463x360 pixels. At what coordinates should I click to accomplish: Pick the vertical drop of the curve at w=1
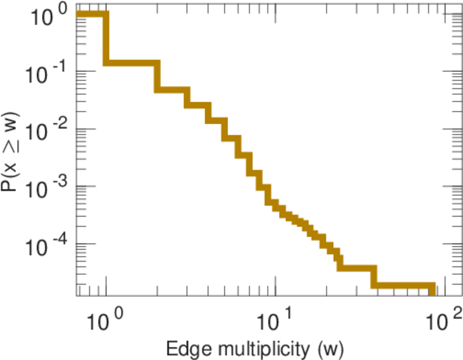click(x=106, y=38)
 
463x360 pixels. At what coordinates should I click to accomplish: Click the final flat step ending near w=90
click(x=402, y=286)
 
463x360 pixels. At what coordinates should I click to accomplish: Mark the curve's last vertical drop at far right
click(x=432, y=290)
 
